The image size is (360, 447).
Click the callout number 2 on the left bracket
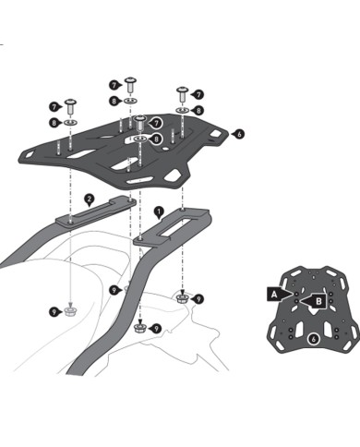coord(89,198)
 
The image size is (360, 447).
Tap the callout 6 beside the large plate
coord(238,134)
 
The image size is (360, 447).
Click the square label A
coord(274,293)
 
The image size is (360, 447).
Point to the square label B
coord(318,299)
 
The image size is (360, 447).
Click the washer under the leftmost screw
coord(72,122)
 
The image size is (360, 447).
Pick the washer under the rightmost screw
coord(181,110)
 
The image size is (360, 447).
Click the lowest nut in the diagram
coord(139,326)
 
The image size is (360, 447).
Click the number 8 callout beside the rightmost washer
coord(198,110)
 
